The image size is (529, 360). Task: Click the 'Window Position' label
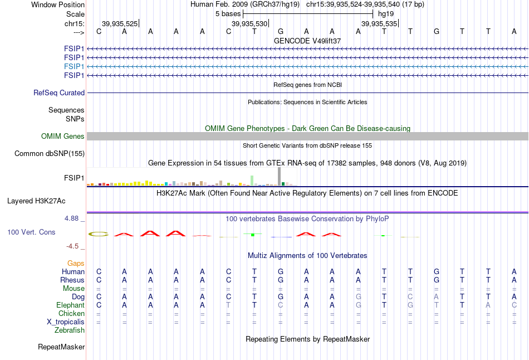click(x=58, y=4)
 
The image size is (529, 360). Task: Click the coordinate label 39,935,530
click(x=249, y=23)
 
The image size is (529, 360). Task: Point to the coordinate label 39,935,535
click(x=379, y=23)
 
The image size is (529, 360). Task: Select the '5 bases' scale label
click(x=228, y=14)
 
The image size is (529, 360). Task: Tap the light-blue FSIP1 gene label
click(x=74, y=66)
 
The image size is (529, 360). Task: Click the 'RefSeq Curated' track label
click(x=59, y=93)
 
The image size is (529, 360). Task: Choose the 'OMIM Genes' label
click(x=63, y=136)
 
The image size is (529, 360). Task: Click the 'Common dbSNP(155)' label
click(x=50, y=154)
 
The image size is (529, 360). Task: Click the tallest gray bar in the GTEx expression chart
click(x=279, y=176)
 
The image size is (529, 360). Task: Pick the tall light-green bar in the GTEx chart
click(x=252, y=181)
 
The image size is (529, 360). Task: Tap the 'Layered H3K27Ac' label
click(x=36, y=201)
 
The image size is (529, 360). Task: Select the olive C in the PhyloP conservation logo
click(x=99, y=233)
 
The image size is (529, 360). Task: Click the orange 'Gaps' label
click(x=76, y=263)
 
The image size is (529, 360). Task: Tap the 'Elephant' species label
click(x=70, y=305)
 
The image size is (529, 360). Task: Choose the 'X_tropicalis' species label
click(x=66, y=322)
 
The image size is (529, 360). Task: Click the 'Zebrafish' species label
click(x=70, y=330)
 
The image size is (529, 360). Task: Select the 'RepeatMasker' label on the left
click(x=61, y=347)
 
